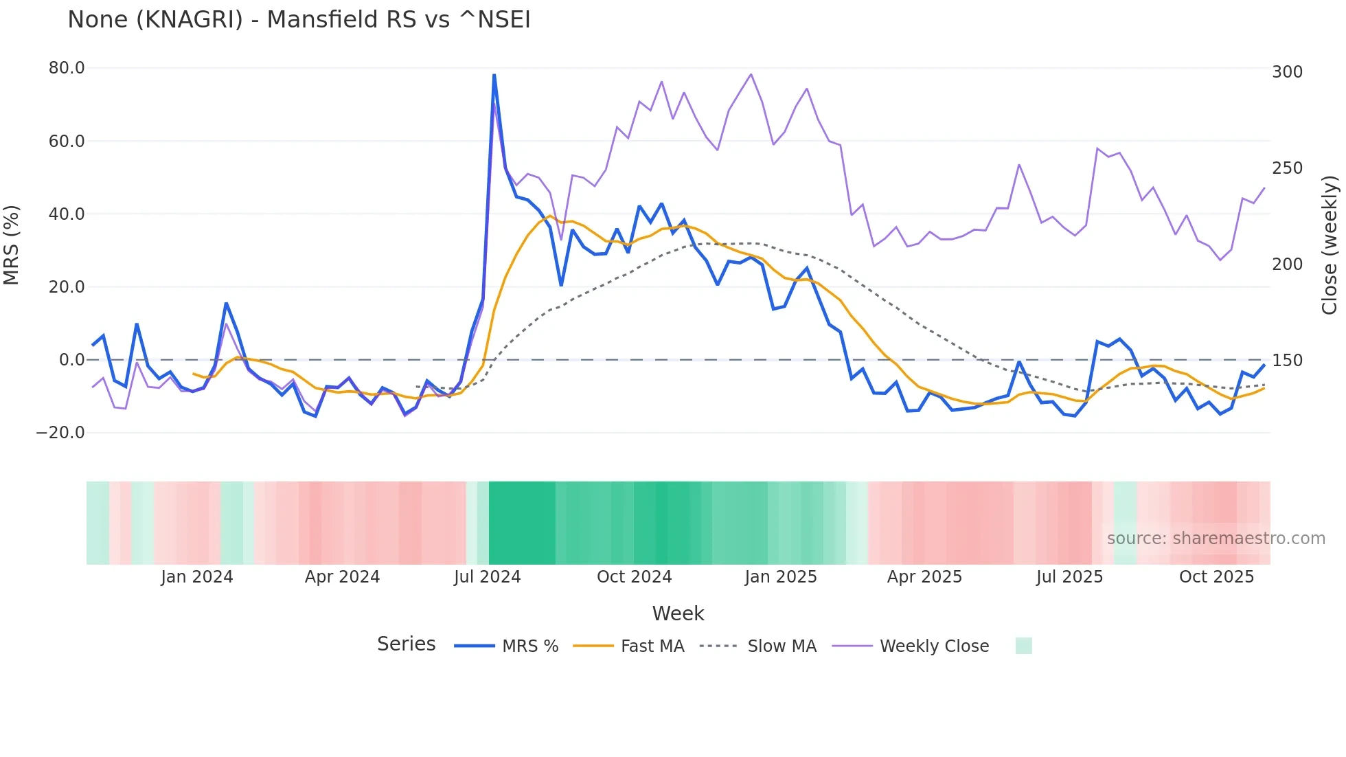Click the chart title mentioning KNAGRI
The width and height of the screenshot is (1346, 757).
pos(299,20)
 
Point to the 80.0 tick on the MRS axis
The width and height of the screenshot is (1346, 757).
pos(67,68)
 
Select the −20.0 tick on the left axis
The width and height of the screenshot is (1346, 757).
pos(60,433)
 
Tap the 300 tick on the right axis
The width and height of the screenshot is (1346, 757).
pos(1287,72)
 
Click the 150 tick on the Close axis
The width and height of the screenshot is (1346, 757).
pos(1287,361)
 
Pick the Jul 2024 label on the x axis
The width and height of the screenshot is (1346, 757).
pos(487,577)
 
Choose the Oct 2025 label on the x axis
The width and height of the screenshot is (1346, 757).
pos(1216,577)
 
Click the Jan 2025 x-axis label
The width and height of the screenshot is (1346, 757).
pos(781,577)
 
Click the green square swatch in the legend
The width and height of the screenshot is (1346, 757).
pos(1023,646)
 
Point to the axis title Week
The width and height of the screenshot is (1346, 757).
pos(678,613)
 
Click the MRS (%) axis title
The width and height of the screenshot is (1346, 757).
pos(12,245)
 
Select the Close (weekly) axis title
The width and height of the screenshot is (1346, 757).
pos(1330,245)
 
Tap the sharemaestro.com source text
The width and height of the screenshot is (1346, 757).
pos(1216,539)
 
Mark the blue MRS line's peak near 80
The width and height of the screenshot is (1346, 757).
pos(494,75)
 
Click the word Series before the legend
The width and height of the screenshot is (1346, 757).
pos(406,644)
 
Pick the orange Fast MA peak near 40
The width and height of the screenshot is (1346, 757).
pos(550,216)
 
